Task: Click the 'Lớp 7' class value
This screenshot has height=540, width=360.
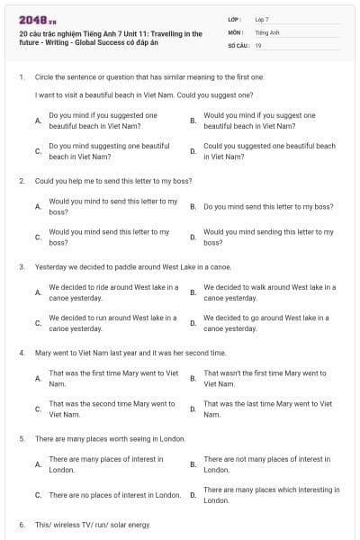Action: [x=261, y=19]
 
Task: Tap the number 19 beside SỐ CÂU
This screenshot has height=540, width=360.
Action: [x=258, y=45]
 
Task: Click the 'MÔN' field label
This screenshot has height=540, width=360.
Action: [x=235, y=31]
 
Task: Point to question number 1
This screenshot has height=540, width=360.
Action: [x=21, y=77]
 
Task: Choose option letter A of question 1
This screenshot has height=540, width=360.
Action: [x=37, y=121]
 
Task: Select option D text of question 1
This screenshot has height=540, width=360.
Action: [x=269, y=150]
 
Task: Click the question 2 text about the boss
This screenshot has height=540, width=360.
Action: [x=118, y=181]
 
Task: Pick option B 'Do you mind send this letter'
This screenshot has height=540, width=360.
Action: [x=268, y=206]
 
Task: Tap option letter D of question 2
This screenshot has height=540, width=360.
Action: [x=193, y=237]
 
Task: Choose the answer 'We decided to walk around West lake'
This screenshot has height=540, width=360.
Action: [x=269, y=292]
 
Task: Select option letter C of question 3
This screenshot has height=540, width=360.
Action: [x=37, y=323]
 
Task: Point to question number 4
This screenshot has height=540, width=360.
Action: [x=21, y=353]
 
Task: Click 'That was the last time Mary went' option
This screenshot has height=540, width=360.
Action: [x=267, y=409]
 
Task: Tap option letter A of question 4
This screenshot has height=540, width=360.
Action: [x=37, y=379]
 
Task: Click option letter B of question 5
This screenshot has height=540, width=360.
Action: [x=193, y=464]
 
